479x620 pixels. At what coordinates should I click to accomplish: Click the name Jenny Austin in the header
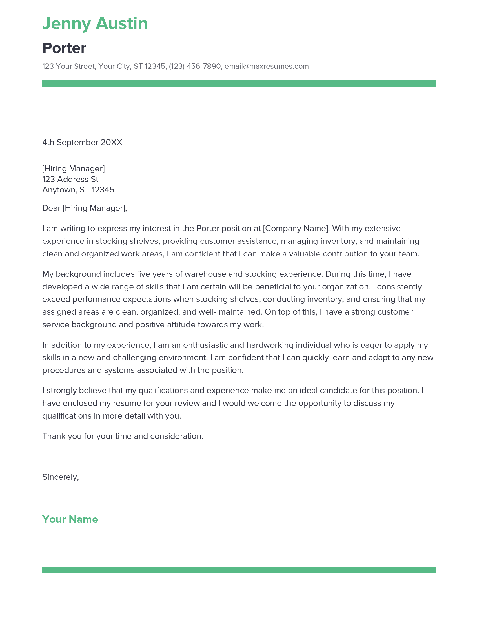95,23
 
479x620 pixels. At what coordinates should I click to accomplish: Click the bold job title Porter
64,48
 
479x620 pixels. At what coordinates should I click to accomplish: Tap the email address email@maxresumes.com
267,67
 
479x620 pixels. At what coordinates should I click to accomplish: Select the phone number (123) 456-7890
195,67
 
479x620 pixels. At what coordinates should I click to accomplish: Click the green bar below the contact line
239,83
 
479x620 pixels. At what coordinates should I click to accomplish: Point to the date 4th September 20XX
82,143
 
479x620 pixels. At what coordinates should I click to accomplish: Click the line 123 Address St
70,180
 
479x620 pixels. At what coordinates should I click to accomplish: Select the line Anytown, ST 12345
78,190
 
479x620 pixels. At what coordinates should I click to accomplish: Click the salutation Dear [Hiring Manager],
85,208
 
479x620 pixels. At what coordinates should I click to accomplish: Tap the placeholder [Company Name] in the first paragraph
296,229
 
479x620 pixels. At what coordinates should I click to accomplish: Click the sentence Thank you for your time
123,436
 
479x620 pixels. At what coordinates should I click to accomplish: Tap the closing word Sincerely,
61,477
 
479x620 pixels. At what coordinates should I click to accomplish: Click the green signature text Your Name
70,519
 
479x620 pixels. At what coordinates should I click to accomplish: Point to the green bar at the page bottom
239,570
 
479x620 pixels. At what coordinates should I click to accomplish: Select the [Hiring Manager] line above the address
74,169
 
